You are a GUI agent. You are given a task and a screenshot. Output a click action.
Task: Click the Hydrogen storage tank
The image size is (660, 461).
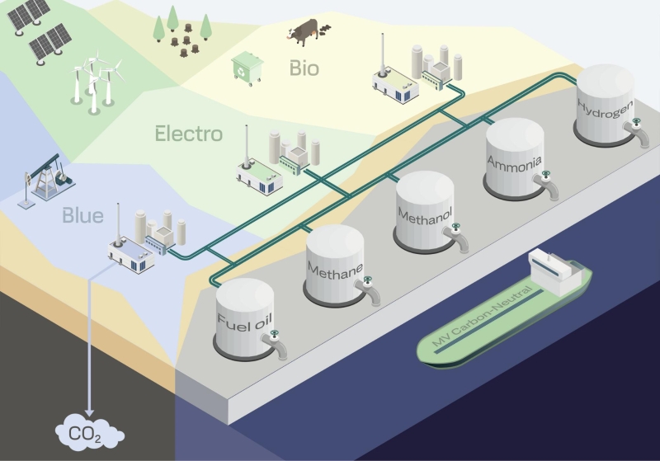pos(607,107)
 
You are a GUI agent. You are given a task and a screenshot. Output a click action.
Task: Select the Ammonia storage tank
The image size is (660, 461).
pos(516,160)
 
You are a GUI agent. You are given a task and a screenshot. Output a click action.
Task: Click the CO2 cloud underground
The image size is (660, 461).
pos(89,431)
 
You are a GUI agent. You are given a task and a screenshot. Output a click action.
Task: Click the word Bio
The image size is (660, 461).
pos(304,68)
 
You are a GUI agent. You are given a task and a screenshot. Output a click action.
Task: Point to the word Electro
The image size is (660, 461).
pos(189,133)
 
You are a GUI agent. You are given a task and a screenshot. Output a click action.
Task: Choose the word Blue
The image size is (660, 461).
pos(82,216)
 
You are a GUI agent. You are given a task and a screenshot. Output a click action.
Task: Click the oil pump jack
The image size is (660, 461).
pos(46,176)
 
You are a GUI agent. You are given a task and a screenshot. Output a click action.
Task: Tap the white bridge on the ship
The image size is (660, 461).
pos(549,266)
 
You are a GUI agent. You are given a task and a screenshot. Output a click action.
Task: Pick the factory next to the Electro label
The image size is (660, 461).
pos(276,162)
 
